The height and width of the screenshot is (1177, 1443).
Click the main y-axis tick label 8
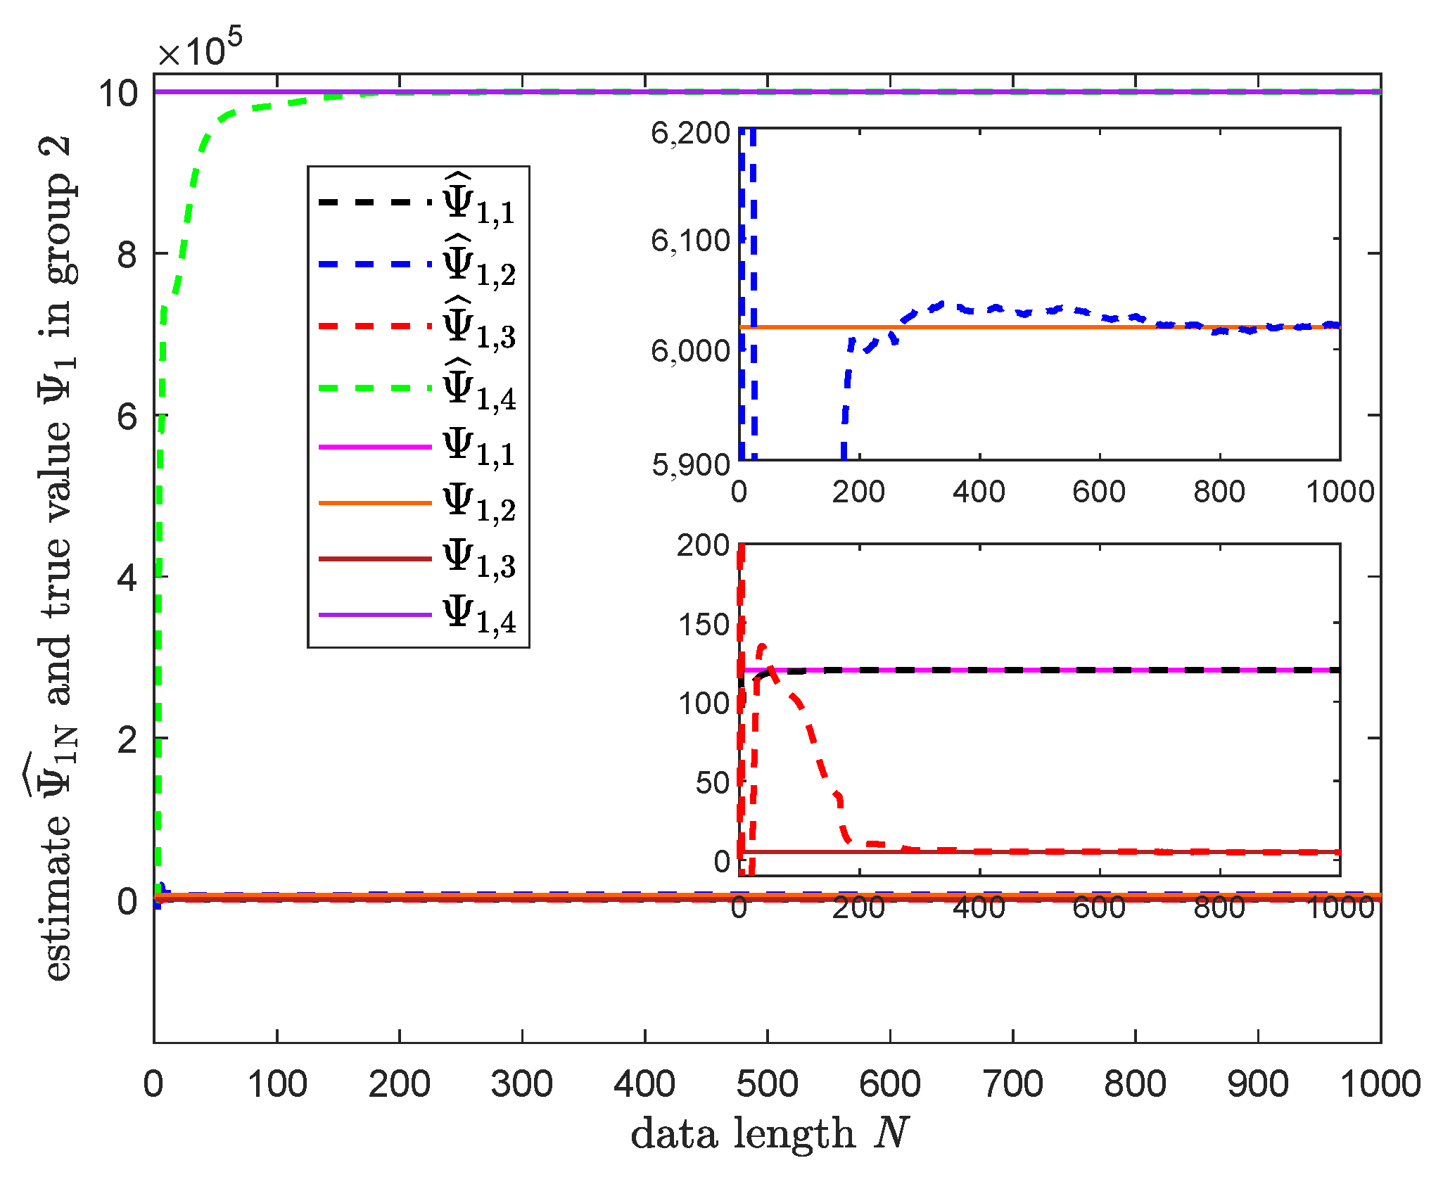[127, 254]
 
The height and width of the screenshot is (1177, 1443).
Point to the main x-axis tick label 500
[767, 1084]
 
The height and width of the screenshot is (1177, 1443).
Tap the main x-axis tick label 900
[1257, 1084]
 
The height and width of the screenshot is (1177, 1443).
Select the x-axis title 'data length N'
[770, 1134]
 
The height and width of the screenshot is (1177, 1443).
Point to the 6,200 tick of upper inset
[690, 133]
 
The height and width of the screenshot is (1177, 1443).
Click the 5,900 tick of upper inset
[690, 464]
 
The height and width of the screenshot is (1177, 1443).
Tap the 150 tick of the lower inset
[703, 625]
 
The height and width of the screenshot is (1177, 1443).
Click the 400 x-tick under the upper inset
[979, 491]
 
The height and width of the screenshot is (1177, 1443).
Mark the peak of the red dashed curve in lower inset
[762, 645]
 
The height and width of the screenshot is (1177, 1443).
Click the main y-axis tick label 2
[127, 740]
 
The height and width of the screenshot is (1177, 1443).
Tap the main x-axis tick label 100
[277, 1084]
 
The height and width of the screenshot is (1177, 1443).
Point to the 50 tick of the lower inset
[711, 782]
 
